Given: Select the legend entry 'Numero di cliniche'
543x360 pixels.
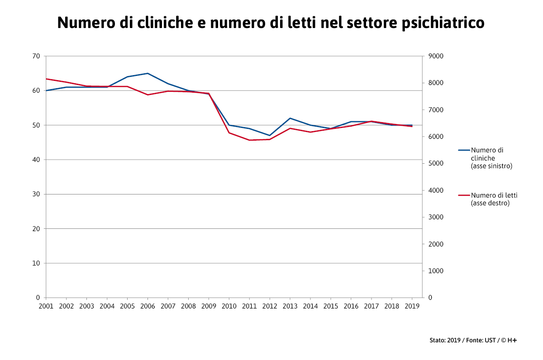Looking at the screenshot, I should (x=491, y=158).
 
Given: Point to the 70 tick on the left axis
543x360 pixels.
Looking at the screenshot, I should (x=36, y=56).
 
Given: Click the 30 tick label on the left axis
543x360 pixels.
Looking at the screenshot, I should (x=36, y=194).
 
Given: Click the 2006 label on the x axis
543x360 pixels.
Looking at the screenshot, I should (x=148, y=306).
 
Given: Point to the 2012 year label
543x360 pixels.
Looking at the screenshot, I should (x=270, y=306).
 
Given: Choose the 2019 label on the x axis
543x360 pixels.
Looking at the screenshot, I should (x=412, y=306).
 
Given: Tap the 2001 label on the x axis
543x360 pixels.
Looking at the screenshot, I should (x=46, y=306).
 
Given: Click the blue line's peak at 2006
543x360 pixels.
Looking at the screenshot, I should (x=148, y=73).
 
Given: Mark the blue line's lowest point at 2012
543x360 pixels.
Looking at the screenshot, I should (x=270, y=135).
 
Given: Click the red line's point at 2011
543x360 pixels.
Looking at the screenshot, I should (x=249, y=140).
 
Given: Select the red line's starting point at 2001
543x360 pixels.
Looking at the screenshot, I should (x=46, y=79).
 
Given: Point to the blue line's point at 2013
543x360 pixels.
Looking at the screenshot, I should (x=290, y=118).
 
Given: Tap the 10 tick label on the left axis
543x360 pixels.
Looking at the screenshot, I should (x=36, y=263).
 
